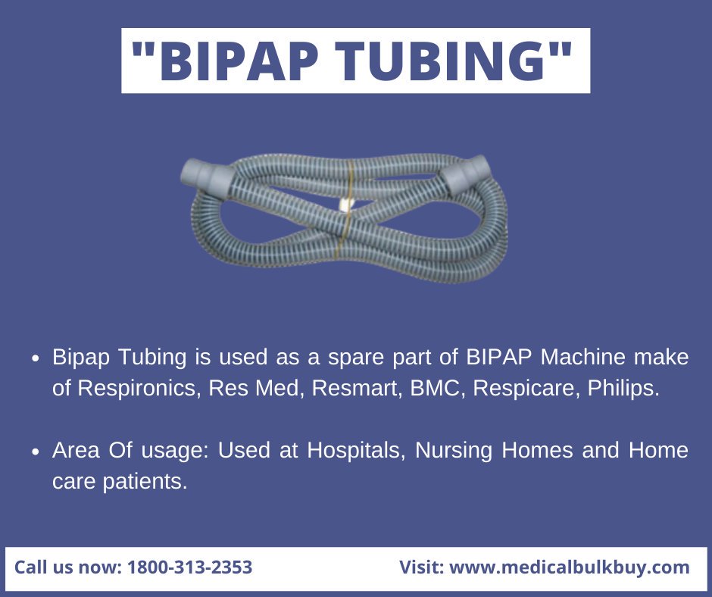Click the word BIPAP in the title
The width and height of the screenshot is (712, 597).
(x=242, y=60)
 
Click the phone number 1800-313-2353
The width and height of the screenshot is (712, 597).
(x=189, y=567)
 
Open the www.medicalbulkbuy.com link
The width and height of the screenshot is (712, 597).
(x=570, y=567)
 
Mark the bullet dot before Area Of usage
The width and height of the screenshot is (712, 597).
(x=36, y=452)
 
